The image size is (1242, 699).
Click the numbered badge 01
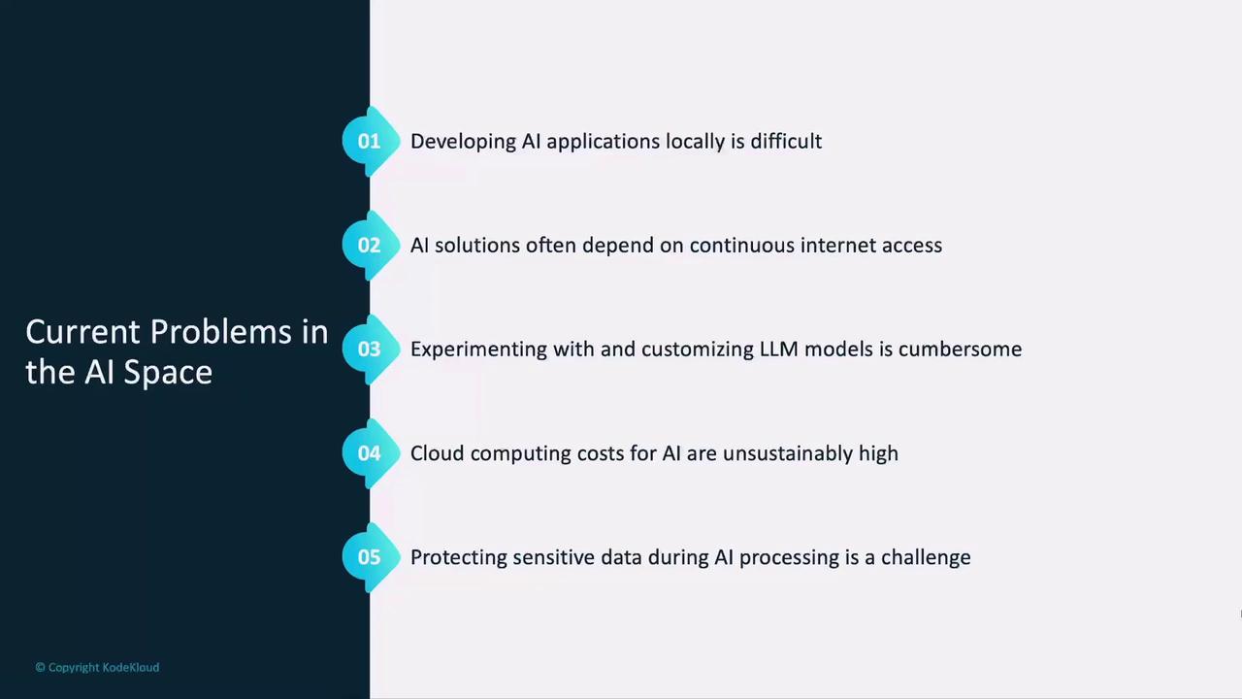(371, 141)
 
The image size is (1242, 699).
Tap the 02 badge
(371, 245)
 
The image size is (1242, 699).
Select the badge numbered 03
(371, 349)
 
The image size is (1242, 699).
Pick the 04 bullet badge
(371, 452)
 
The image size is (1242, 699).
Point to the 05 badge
(371, 557)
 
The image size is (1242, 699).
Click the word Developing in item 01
(463, 142)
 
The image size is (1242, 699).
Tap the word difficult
(786, 141)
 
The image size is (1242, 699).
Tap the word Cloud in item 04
(437, 453)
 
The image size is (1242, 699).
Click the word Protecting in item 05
(459, 558)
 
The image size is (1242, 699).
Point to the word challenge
(926, 558)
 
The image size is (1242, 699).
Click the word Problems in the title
(220, 332)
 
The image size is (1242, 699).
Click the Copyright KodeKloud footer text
(97, 667)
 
